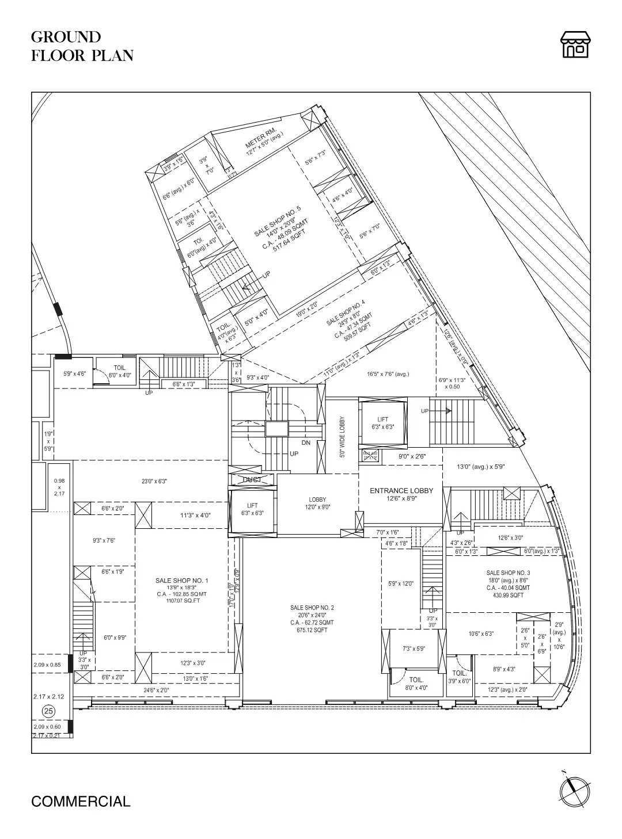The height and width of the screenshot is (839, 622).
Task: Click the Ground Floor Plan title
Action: pos(82,46)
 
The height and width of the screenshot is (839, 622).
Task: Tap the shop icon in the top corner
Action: pos(575,45)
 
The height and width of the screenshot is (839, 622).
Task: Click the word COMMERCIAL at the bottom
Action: pos(81,801)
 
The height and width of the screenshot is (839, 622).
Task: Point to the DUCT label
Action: pos(252,480)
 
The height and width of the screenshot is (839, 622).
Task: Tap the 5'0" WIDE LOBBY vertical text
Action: pos(342,437)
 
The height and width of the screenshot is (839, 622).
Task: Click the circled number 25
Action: pos(49,711)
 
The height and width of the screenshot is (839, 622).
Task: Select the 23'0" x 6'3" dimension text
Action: pos(154,481)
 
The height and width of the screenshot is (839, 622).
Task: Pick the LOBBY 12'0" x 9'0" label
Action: pos(317,503)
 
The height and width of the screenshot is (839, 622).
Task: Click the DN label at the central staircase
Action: pos(306,443)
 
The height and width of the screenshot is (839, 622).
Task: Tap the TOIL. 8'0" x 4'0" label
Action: pos(416,683)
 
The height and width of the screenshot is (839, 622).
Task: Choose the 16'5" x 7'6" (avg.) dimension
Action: pos(388,374)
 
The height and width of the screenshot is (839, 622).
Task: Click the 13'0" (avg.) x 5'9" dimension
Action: pos(480,467)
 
